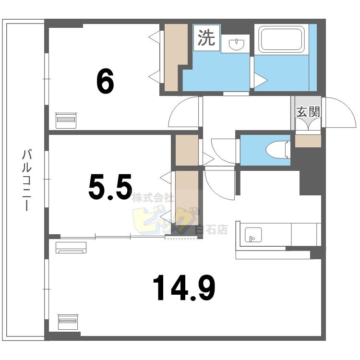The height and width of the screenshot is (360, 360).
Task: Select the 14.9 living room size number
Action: pyautogui.click(x=184, y=288)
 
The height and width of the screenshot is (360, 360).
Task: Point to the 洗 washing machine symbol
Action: pyautogui.click(x=207, y=38)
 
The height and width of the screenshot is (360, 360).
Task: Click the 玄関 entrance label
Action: pyautogui.click(x=308, y=112)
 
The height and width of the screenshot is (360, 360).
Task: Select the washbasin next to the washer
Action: pyautogui.click(x=237, y=44)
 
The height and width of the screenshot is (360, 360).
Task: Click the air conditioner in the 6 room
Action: pyautogui.click(x=66, y=120)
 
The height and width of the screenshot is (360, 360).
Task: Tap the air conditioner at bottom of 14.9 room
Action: pyautogui.click(x=68, y=321)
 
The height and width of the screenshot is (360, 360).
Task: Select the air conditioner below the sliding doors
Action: pyautogui.click(x=71, y=247)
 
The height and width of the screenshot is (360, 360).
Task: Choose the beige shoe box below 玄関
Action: pyautogui.click(x=308, y=141)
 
